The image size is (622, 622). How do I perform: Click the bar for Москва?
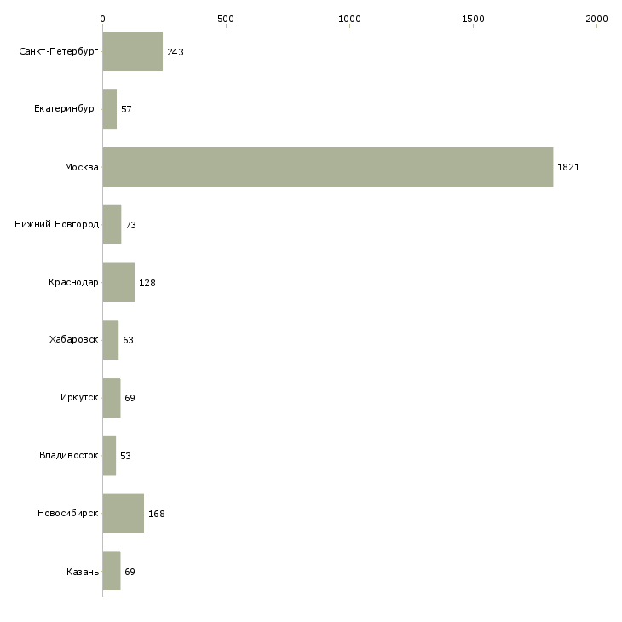328,167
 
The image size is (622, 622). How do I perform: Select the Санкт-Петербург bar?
133,51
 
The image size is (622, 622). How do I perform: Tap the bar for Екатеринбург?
110,109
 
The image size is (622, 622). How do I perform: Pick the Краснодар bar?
119,282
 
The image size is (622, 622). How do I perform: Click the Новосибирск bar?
124,513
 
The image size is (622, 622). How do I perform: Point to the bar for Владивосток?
109,456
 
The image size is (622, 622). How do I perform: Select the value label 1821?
568,167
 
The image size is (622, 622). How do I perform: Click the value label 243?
176,52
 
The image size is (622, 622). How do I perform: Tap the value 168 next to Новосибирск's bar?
157,514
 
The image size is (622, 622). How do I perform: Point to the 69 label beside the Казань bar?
130,572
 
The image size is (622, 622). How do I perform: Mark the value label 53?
126,456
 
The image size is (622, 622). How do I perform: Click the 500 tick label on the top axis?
226,19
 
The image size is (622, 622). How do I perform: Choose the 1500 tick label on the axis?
473,19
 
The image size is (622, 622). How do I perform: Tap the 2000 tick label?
597,19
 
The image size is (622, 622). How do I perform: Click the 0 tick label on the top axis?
103,19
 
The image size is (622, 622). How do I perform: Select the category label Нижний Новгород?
57,225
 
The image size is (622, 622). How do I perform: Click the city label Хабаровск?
74,340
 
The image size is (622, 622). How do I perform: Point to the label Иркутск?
79,397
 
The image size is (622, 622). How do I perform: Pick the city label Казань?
83,572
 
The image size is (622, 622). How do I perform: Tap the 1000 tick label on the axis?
349,19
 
